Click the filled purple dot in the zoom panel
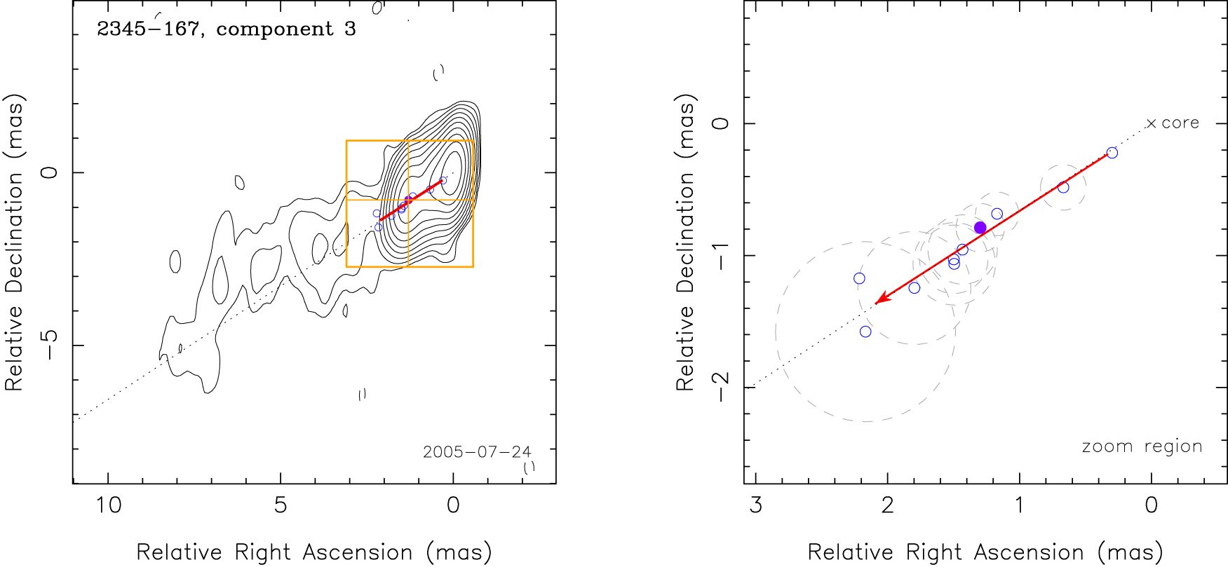[980, 228]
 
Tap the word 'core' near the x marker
[1180, 123]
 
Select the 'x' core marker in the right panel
[1151, 124]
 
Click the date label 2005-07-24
[477, 452]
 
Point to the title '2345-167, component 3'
[226, 29]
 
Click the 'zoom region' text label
[1142, 446]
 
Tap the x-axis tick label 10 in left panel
[108, 505]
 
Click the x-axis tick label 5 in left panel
[281, 505]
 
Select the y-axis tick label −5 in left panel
[49, 345]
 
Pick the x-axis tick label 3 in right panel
[755, 505]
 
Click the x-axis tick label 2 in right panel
[887, 505]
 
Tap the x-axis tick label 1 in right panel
[1019, 505]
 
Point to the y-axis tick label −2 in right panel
[720, 387]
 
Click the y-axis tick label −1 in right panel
[720, 255]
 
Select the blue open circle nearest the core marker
[1112, 153]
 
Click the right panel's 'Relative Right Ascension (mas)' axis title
[985, 552]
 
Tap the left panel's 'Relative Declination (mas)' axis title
[14, 242]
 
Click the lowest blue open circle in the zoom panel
[865, 332]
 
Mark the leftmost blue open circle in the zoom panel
[859, 278]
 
